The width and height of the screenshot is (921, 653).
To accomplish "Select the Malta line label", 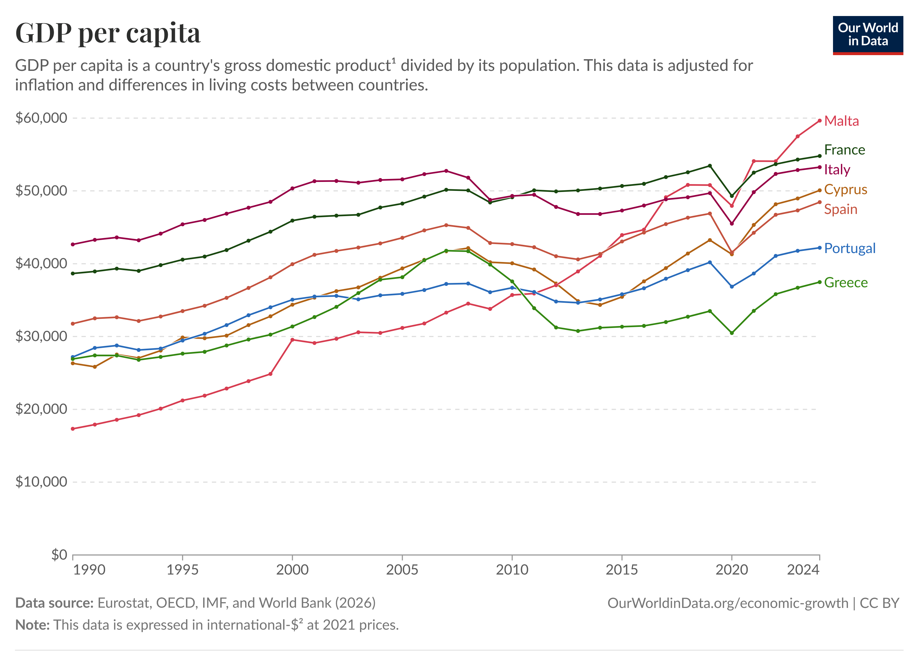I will tap(841, 121).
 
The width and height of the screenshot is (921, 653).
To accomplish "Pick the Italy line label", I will tap(837, 170).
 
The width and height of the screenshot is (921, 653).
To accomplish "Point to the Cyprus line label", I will tap(845, 190).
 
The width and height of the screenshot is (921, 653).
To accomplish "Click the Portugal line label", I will tap(849, 248).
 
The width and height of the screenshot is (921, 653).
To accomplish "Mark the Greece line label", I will tap(846, 283).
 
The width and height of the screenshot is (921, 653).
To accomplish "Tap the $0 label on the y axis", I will tap(59, 554).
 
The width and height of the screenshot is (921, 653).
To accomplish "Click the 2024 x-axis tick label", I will tap(803, 570).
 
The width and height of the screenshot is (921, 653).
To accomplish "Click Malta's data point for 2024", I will tap(819, 121).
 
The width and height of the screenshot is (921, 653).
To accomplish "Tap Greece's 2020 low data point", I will tap(732, 333).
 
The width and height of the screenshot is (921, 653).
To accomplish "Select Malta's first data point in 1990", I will tap(73, 429).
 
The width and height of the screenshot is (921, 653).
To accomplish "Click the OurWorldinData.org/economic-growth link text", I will tap(728, 603).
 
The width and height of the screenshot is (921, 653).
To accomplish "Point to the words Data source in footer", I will tap(54, 603).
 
